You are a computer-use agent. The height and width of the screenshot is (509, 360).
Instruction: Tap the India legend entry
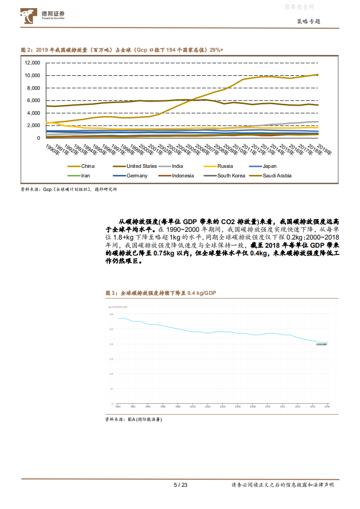click(178, 166)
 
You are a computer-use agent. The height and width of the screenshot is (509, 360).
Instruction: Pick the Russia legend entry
click(225, 166)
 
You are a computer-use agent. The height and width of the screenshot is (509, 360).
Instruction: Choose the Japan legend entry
click(270, 166)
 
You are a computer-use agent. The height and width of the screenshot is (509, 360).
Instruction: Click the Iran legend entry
click(85, 176)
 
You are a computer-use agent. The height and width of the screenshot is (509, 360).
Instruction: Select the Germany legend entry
click(137, 176)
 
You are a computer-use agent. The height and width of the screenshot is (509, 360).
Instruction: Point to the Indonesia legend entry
click(182, 176)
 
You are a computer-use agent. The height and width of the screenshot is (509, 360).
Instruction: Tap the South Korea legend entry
click(231, 176)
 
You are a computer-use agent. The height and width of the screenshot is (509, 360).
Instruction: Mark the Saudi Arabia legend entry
click(277, 176)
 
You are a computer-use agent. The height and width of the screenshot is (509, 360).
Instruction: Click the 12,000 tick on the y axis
click(33, 63)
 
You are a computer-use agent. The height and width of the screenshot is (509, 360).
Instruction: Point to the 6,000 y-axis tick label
click(34, 100)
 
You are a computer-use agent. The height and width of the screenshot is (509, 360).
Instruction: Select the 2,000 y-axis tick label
click(34, 125)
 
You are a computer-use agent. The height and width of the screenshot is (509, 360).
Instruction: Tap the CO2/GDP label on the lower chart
click(322, 344)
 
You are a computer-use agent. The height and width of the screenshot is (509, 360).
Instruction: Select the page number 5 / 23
click(180, 485)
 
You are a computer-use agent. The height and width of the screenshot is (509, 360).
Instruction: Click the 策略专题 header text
click(308, 21)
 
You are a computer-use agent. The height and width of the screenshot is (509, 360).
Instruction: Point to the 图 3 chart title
click(161, 293)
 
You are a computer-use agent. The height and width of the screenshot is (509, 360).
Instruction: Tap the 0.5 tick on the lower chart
click(111, 329)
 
